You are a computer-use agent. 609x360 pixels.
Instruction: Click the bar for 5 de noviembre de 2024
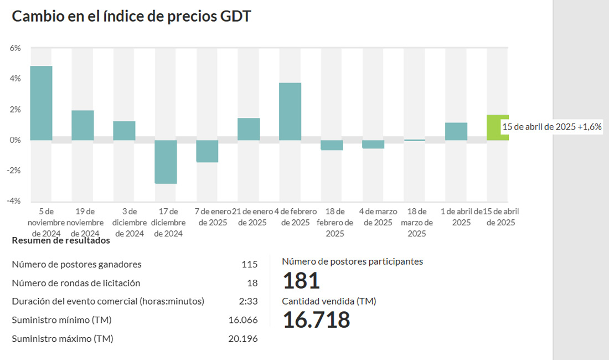tap(41, 103)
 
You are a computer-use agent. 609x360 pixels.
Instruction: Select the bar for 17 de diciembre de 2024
tap(166, 162)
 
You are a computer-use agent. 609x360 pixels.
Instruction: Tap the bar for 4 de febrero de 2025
tap(290, 111)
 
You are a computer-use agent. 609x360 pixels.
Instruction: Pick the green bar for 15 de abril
tap(493, 127)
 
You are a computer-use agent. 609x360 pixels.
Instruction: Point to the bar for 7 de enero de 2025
tap(207, 151)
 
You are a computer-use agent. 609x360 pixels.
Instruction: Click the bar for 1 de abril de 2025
tap(456, 131)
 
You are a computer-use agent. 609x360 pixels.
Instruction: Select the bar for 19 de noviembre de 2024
tap(82, 125)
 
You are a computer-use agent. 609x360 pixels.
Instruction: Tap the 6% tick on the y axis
tap(16, 48)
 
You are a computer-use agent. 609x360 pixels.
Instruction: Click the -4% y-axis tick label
tap(14, 200)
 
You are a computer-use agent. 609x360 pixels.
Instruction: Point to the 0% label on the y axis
tap(16, 140)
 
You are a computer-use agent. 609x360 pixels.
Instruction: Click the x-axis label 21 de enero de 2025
tap(252, 217)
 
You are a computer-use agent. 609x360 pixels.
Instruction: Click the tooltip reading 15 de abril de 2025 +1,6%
tap(551, 127)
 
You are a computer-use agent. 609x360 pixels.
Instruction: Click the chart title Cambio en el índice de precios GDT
tap(131, 16)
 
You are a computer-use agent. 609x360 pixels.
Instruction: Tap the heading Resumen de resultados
tap(61, 240)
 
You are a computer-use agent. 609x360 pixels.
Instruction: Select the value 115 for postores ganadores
tap(250, 264)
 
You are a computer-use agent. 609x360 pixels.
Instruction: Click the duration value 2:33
tap(249, 301)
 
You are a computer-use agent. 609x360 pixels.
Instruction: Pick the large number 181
tap(301, 281)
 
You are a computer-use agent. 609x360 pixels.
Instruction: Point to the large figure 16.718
tap(316, 320)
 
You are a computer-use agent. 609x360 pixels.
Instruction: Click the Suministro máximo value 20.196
tap(243, 338)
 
